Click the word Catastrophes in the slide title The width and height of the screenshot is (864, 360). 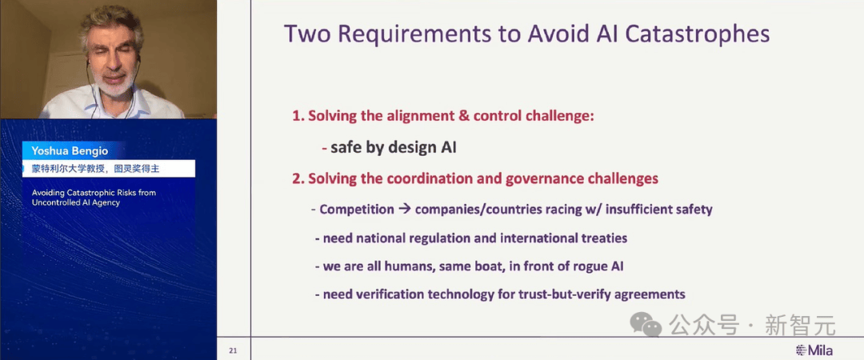pos(697,34)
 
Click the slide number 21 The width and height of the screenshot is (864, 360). pos(233,350)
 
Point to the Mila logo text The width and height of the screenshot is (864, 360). pos(814,350)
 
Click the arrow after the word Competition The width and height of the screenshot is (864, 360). pos(405,210)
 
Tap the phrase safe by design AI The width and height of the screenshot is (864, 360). pos(394,148)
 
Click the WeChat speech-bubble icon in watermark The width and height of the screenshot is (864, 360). pos(646,324)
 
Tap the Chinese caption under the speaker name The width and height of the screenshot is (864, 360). pos(95,169)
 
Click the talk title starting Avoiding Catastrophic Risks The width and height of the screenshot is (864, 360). pos(94,198)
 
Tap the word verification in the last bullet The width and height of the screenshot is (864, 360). pos(390,294)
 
